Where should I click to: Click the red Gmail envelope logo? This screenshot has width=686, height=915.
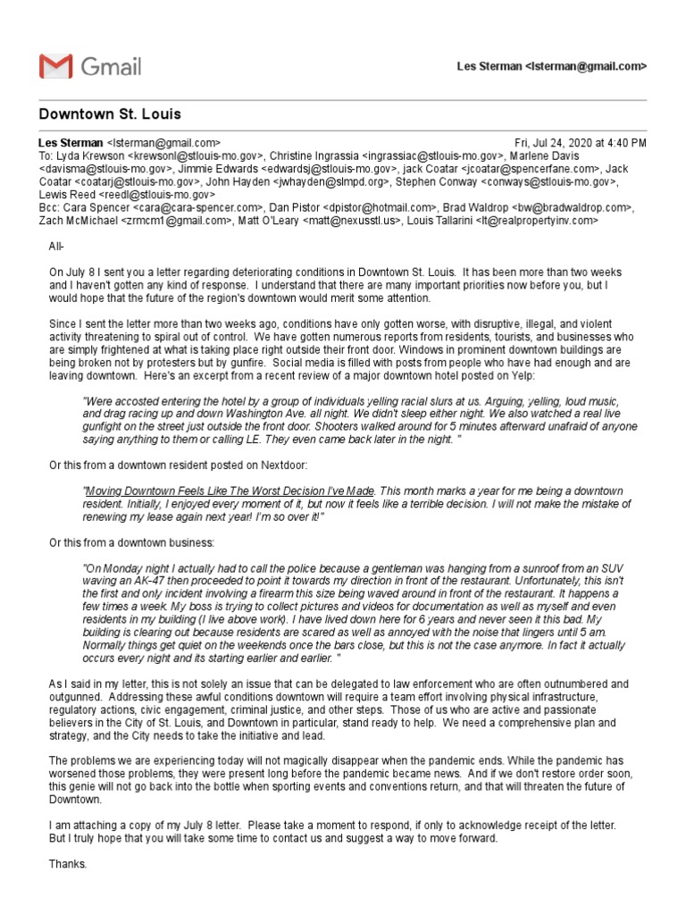pos(54,66)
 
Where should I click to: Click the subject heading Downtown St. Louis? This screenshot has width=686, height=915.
pos(110,114)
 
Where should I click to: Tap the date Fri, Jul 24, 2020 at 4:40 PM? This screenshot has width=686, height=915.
pos(581,143)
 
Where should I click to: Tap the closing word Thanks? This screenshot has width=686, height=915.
pos(68,864)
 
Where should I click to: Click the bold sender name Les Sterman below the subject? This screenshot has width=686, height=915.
pos(71,143)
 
